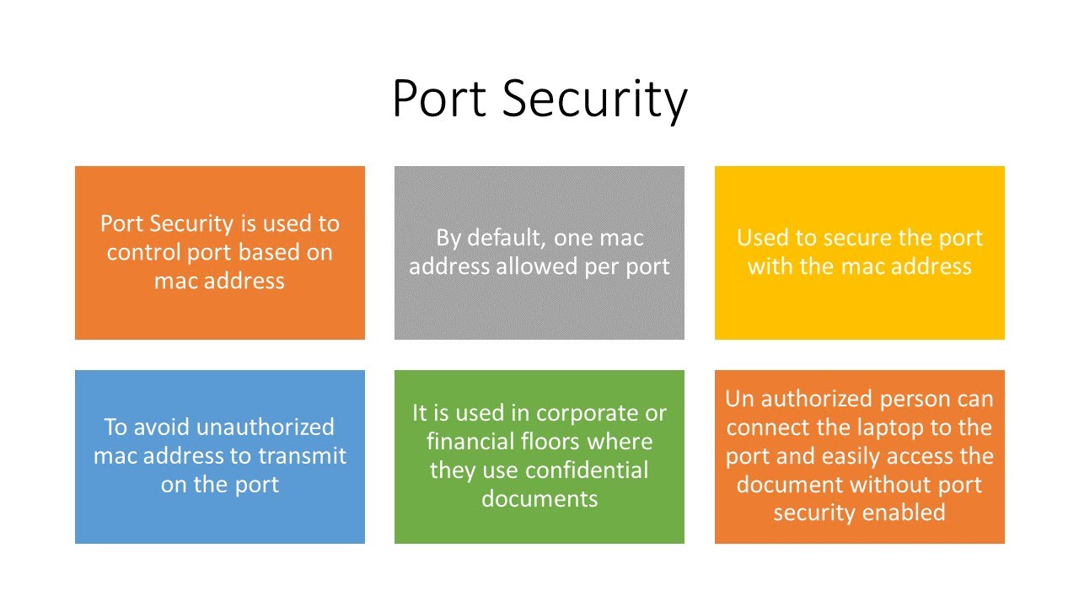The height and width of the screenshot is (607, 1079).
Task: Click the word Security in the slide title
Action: point(595,99)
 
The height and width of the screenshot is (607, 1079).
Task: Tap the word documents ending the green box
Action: point(539,498)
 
